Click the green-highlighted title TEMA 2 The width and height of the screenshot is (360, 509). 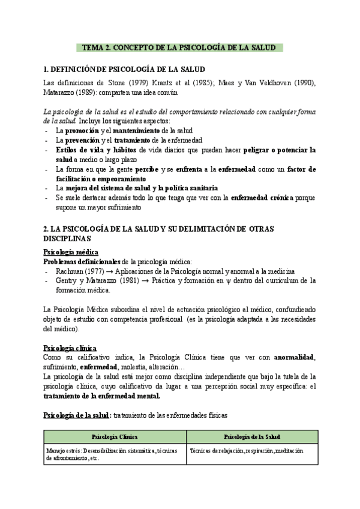tap(178, 48)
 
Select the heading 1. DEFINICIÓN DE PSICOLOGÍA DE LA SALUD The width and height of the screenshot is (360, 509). tap(125, 70)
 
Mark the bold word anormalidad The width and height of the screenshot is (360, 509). tap(293, 358)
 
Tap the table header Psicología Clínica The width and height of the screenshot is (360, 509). tap(115, 437)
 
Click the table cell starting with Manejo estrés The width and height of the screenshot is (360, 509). tap(115, 454)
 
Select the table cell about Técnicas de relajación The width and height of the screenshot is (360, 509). tap(246, 450)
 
